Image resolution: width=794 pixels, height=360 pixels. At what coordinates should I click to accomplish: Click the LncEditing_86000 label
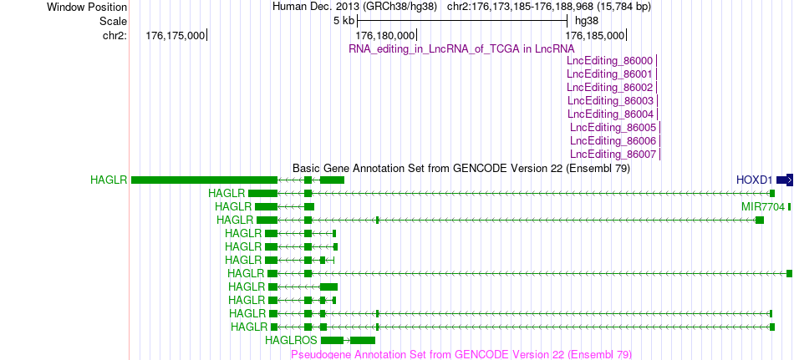[x=609, y=61]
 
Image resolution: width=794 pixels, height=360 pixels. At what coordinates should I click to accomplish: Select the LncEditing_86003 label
[x=610, y=101]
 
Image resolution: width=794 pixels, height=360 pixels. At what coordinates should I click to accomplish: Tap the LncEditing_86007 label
[x=613, y=154]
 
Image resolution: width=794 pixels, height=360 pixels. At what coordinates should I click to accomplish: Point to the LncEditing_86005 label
[x=613, y=128]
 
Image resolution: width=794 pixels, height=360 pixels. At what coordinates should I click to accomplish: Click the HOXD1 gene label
[x=755, y=180]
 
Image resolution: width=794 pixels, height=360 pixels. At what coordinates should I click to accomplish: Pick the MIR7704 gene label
[x=763, y=206]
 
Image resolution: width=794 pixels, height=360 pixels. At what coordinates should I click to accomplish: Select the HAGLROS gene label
[x=291, y=340]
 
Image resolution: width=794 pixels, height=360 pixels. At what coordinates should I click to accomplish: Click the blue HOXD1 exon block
[x=785, y=180]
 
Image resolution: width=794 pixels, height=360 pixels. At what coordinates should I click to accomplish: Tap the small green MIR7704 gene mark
[x=789, y=206]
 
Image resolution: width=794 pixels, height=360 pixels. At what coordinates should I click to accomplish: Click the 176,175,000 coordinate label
[x=175, y=35]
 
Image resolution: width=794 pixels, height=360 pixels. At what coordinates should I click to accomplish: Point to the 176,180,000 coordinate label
[x=385, y=35]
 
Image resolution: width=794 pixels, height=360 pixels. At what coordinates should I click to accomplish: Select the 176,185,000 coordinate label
[x=594, y=35]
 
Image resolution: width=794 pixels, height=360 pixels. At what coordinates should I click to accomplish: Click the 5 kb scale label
[x=344, y=21]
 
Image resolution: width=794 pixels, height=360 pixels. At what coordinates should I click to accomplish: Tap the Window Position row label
[x=87, y=7]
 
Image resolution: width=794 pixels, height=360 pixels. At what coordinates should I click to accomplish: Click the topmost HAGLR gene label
[x=109, y=180]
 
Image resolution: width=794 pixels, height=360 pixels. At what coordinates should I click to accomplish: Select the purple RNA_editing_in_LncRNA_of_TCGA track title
[x=462, y=48]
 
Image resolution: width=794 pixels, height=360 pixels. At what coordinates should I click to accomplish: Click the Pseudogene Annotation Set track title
[x=461, y=354]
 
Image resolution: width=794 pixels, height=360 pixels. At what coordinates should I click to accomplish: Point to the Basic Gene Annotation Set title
[x=461, y=168]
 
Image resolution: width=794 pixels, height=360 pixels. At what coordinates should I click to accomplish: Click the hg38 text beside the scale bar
[x=587, y=21]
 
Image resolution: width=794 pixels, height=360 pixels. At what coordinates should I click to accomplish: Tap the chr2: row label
[x=115, y=35]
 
